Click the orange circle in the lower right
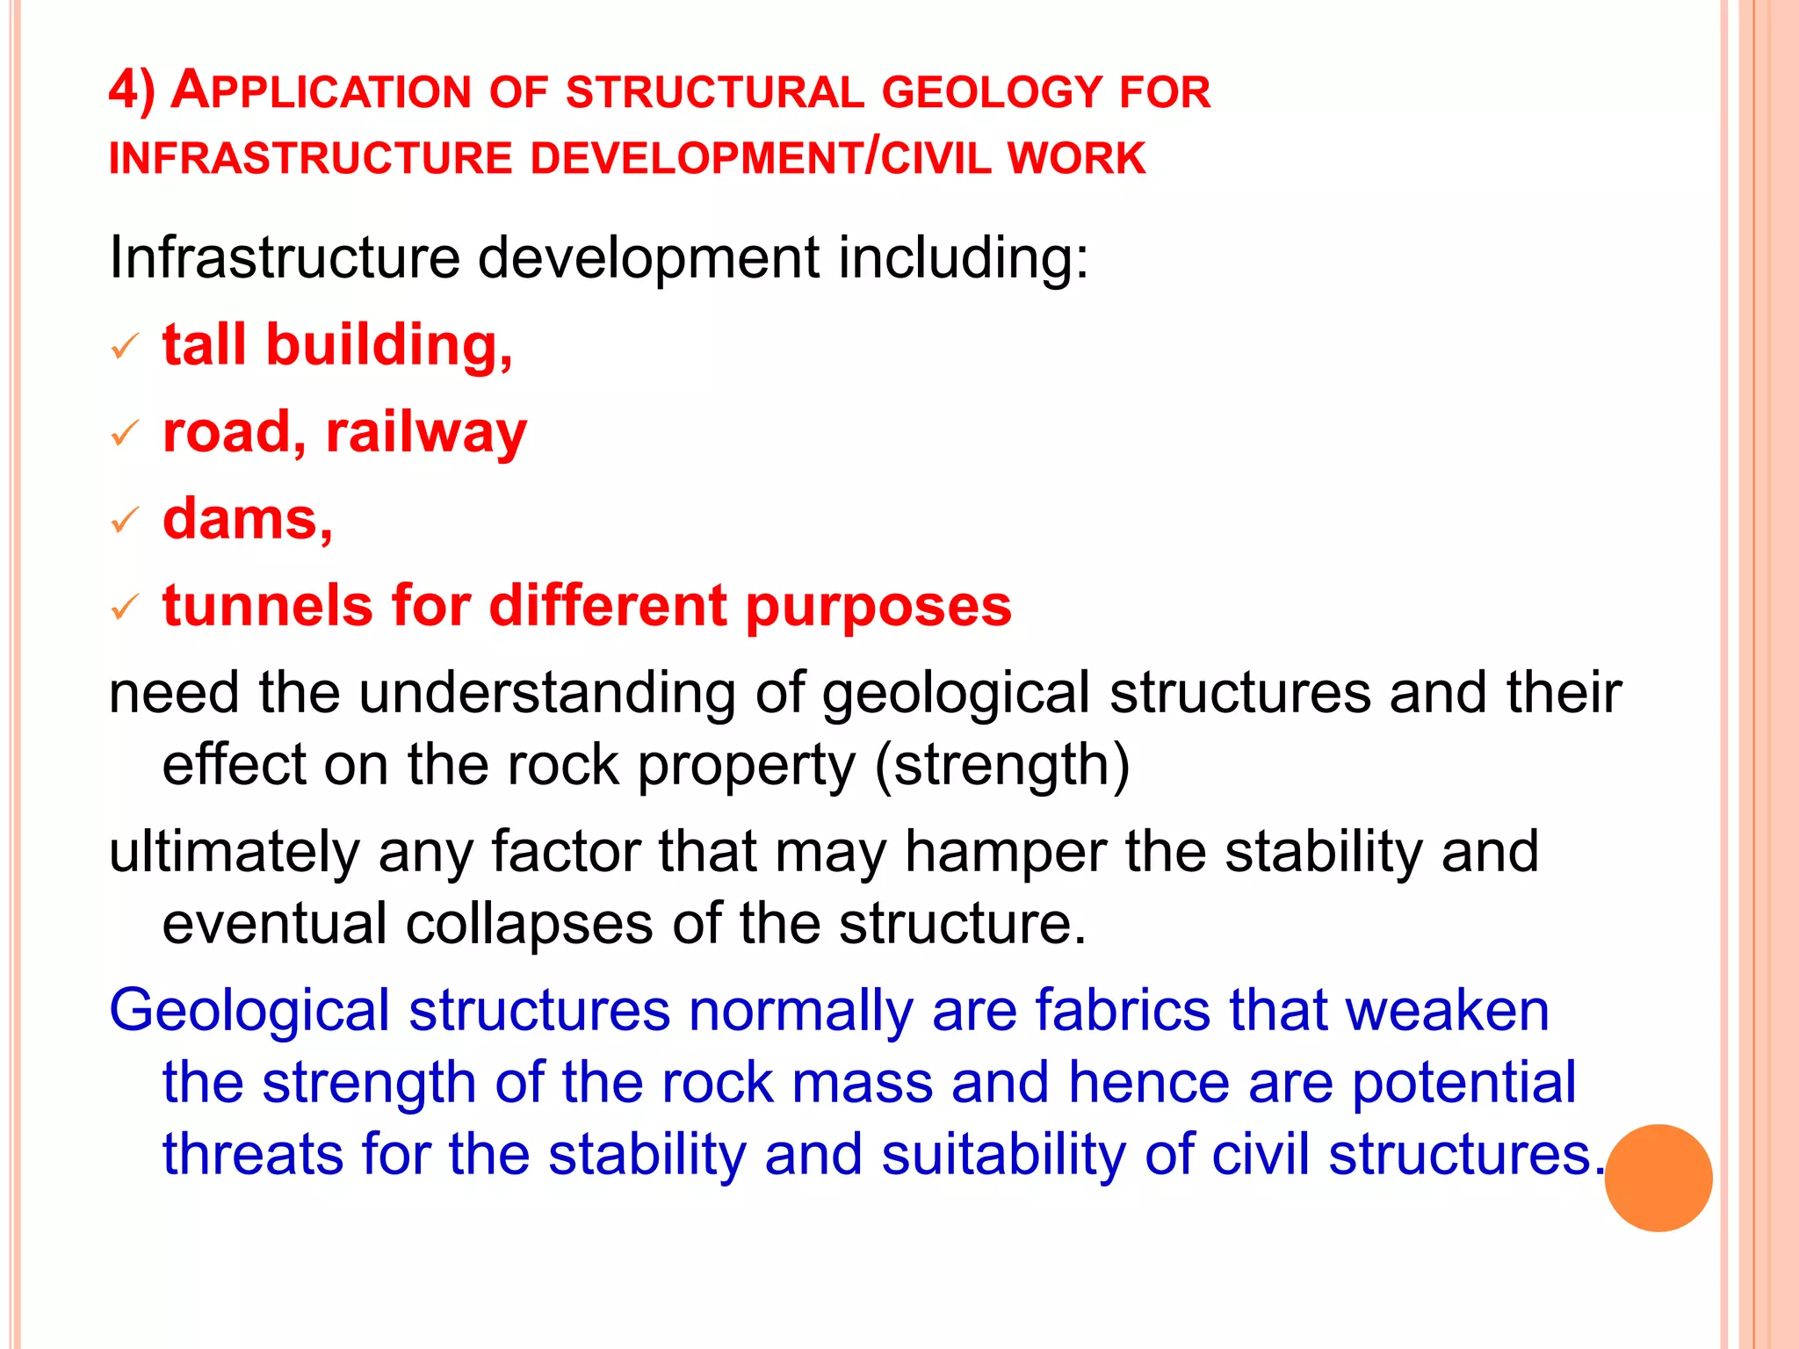1658,1178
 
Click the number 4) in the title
132,90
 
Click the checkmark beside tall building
124,347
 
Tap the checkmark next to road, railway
124,433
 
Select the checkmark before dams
124,521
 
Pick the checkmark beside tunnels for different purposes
124,607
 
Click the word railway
426,433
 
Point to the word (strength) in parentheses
1002,765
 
